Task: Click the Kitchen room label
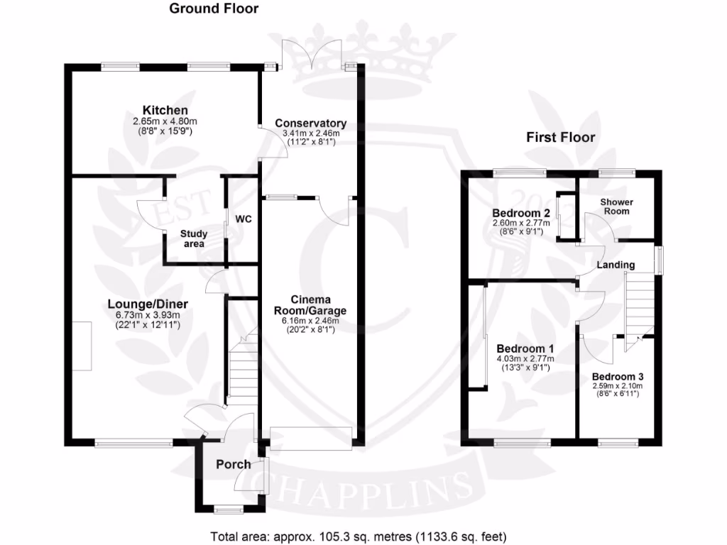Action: click(165, 110)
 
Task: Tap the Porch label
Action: click(233, 464)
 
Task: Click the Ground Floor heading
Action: click(213, 9)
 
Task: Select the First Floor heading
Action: click(560, 137)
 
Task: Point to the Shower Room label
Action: click(616, 207)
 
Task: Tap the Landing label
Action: click(615, 265)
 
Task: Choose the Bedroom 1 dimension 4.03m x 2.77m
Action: click(525, 359)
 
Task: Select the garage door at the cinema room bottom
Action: click(311, 437)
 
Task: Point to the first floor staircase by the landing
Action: click(638, 305)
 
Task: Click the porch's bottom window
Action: click(228, 508)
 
